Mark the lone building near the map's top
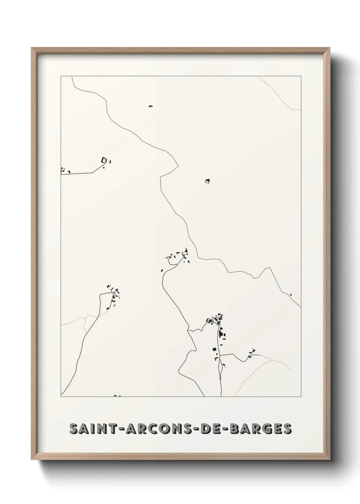tap(150, 107)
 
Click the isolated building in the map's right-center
tap(207, 181)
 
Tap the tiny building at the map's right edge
tap(291, 295)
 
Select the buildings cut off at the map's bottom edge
tap(117, 396)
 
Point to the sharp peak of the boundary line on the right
tap(270, 268)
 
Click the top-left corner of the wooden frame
tap(32, 48)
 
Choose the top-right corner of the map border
tap(301, 76)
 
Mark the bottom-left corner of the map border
tap(61, 397)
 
